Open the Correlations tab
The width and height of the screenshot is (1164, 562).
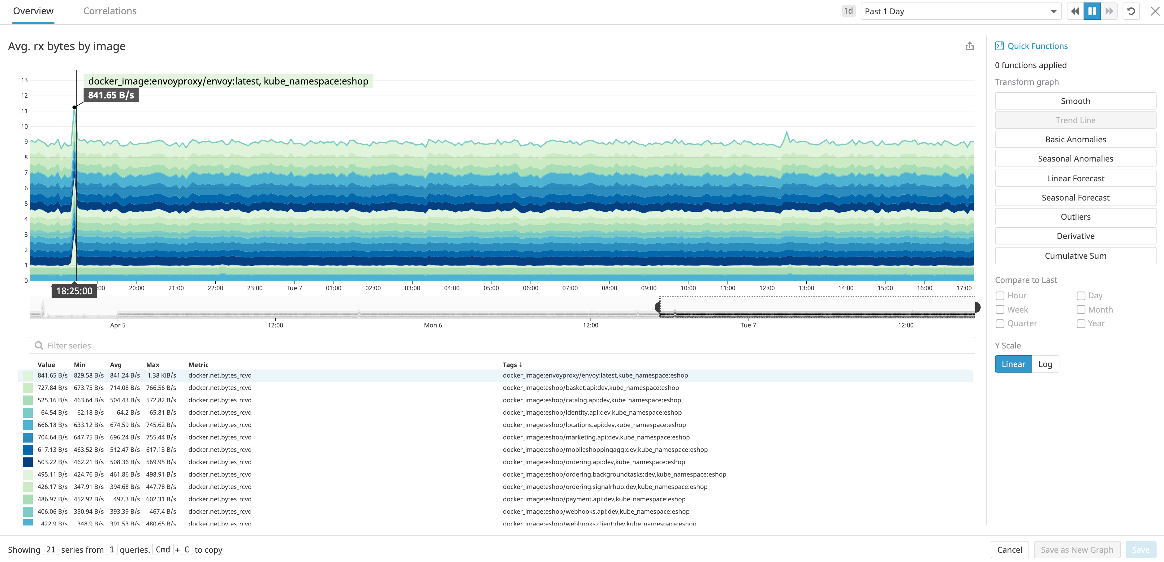click(x=110, y=11)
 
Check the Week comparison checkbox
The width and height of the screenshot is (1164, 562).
click(x=1000, y=310)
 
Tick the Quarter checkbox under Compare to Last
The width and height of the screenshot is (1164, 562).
click(x=1000, y=324)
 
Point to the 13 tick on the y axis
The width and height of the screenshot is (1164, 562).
click(x=24, y=80)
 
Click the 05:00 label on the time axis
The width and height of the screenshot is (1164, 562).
click(x=491, y=288)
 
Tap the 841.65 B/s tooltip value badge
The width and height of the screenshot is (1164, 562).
click(x=111, y=95)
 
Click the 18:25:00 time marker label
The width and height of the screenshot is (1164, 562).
click(x=74, y=291)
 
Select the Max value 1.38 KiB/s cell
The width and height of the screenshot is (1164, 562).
click(x=161, y=375)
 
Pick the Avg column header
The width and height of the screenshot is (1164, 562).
click(x=116, y=365)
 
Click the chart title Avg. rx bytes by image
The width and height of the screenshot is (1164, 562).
click(x=67, y=46)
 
